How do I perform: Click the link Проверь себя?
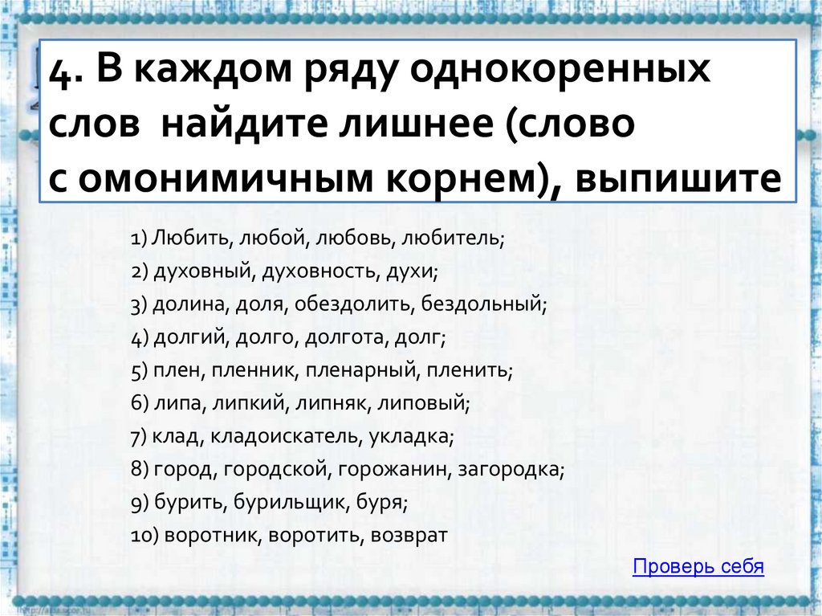698,567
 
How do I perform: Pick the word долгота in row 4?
345,338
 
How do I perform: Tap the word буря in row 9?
385,503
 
